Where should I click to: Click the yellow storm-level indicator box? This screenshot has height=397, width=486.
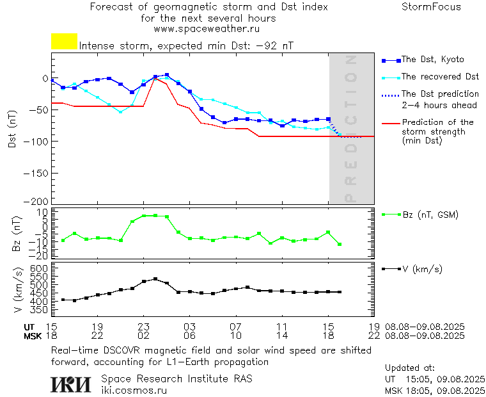(64, 42)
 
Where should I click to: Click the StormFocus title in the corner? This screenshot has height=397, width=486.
(431, 8)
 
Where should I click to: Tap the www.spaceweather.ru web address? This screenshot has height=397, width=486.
(207, 29)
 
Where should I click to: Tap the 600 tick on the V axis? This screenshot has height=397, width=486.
(40, 268)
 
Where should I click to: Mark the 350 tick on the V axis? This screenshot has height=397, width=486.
(40, 309)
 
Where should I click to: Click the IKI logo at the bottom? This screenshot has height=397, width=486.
(72, 384)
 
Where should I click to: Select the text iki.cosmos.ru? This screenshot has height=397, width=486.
(134, 389)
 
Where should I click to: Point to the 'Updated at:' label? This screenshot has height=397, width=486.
(410, 368)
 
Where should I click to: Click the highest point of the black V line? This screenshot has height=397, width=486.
(155, 279)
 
